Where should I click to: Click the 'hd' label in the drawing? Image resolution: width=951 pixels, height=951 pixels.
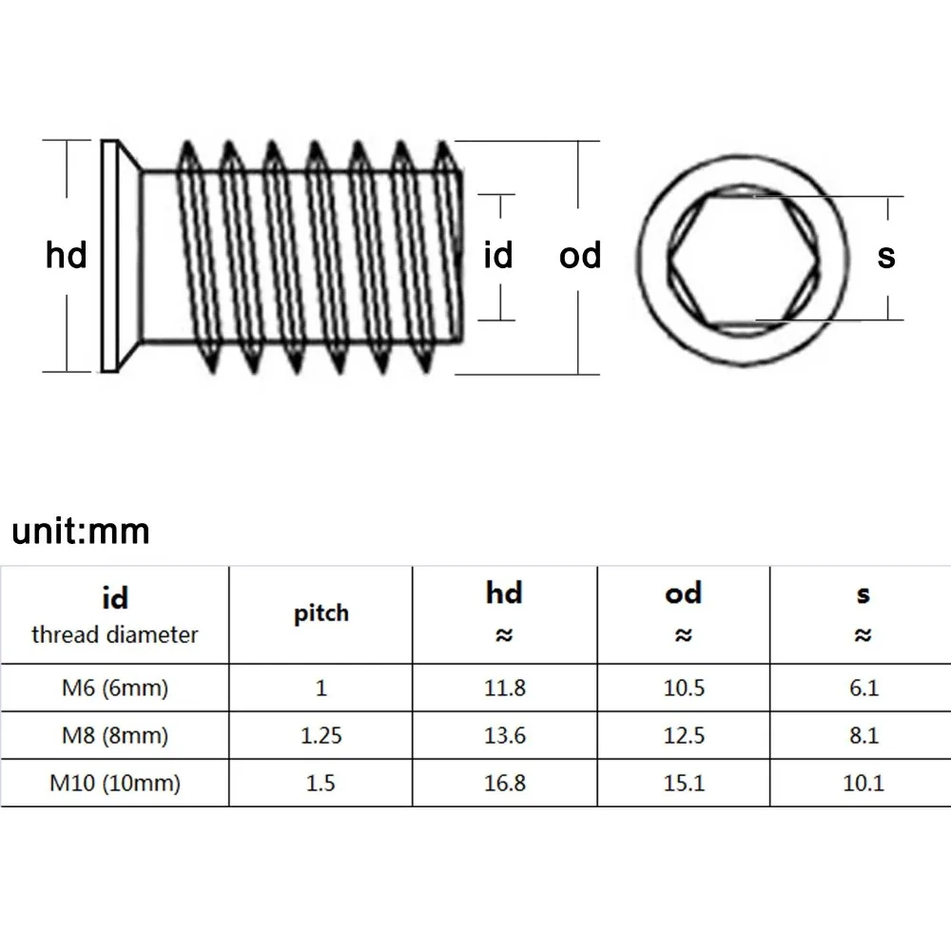(x=67, y=256)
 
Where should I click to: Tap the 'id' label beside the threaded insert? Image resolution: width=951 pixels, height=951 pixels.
(x=498, y=255)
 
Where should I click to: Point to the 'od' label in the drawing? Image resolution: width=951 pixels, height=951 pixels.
(x=580, y=255)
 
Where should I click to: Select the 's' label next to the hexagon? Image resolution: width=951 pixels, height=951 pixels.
(x=886, y=255)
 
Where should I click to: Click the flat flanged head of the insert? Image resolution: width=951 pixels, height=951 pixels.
(x=112, y=255)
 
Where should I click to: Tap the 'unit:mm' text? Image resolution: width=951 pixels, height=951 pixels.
(x=82, y=531)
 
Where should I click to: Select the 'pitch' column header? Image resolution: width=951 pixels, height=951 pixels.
(x=320, y=613)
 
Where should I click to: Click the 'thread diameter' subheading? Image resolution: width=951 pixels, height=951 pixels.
(x=114, y=634)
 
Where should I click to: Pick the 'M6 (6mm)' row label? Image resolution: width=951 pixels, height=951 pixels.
(x=114, y=688)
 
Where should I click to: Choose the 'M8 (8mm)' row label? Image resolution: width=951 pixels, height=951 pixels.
(x=114, y=736)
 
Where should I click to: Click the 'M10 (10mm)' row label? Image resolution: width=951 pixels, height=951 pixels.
(x=114, y=784)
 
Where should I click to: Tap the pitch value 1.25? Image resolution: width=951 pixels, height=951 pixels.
(x=320, y=736)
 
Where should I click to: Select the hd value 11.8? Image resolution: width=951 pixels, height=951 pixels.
(x=504, y=688)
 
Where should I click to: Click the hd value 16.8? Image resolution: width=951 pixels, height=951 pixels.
(x=504, y=784)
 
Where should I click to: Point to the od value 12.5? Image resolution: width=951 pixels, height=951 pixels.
(x=684, y=736)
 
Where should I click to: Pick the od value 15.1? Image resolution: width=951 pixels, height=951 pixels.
(x=684, y=784)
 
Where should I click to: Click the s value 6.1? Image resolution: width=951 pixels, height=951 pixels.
(x=863, y=688)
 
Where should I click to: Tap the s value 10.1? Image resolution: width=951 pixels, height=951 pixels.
(x=863, y=784)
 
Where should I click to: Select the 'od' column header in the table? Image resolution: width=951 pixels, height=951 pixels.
(x=684, y=594)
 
